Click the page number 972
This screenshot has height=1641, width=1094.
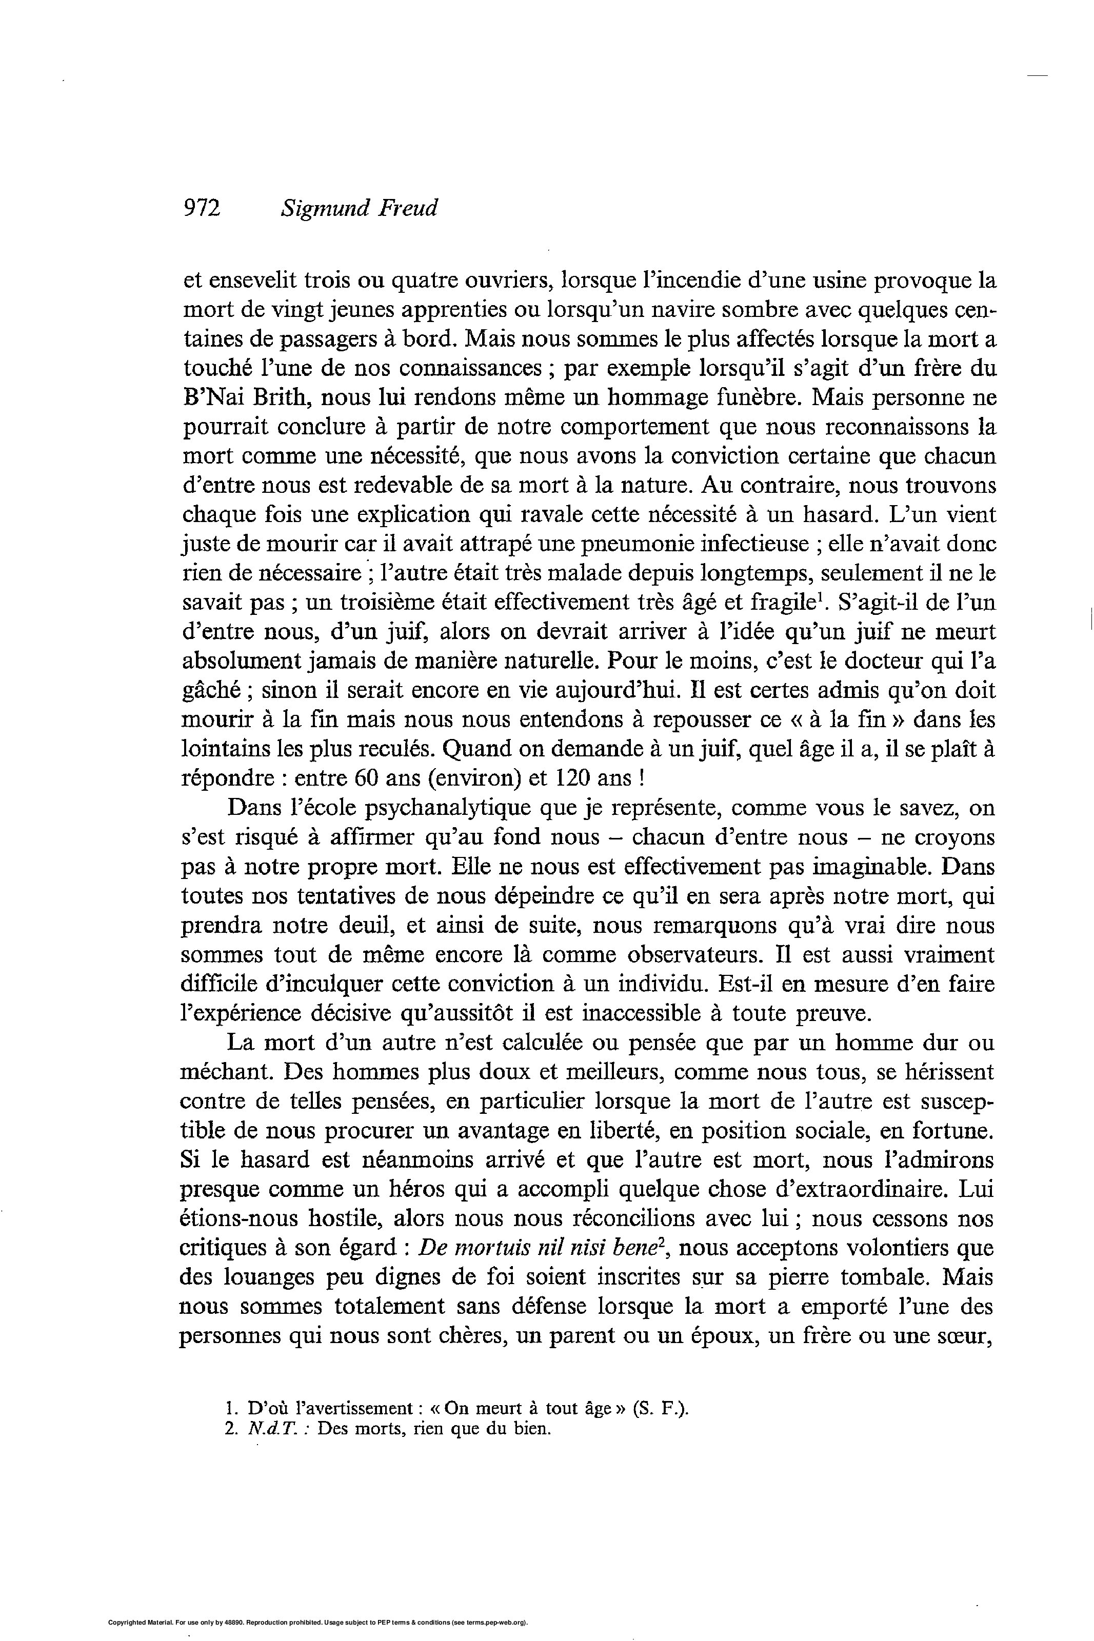(x=202, y=208)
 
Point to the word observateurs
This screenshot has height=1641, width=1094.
(x=698, y=955)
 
